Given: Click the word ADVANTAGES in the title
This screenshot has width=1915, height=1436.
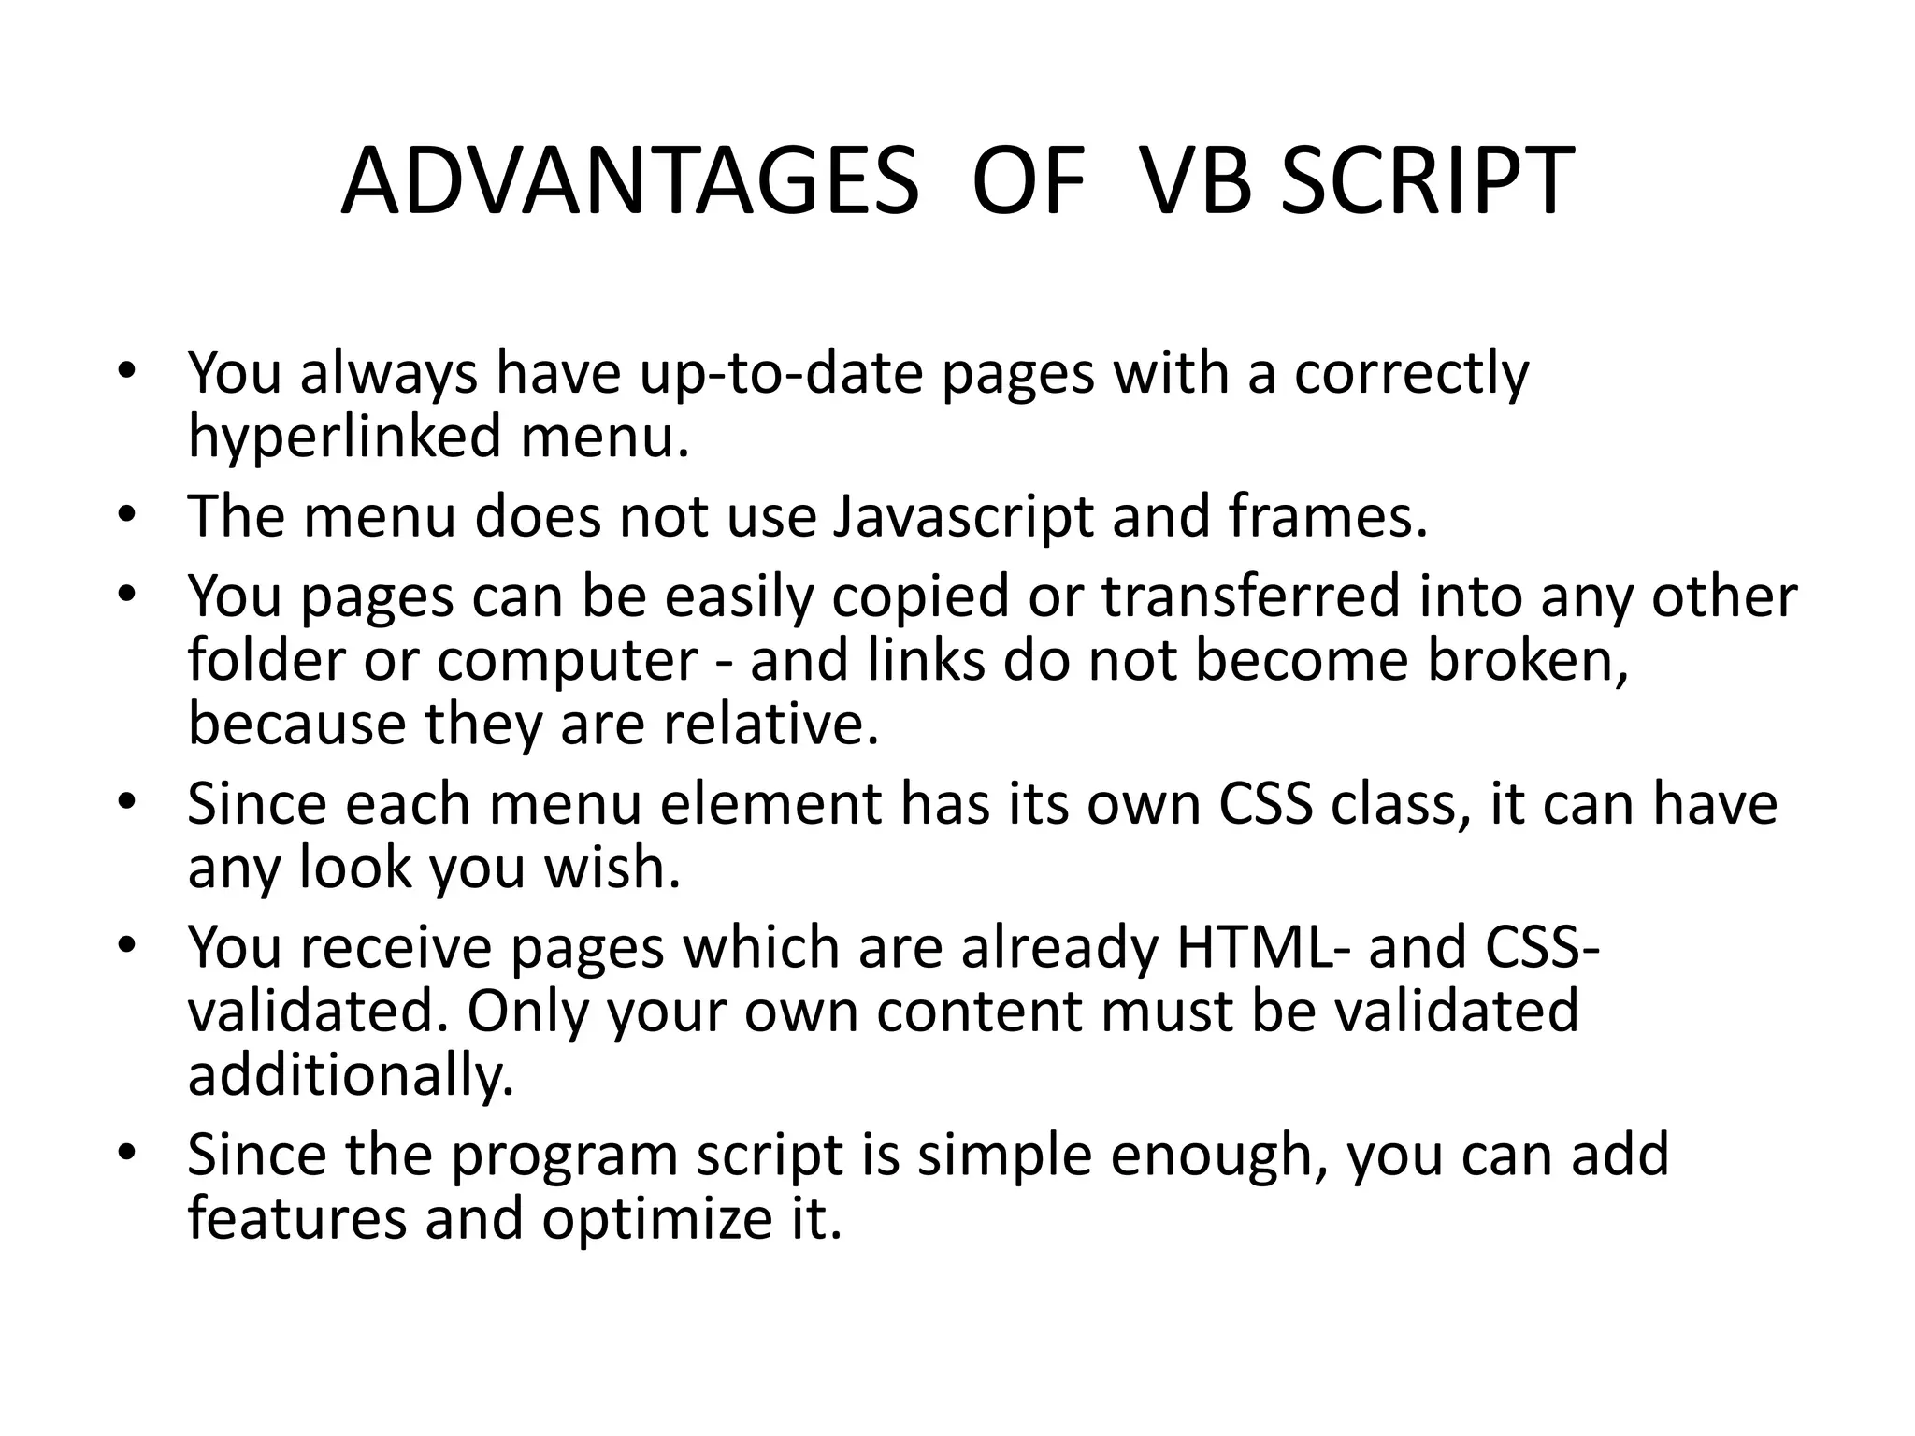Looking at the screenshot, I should coord(629,181).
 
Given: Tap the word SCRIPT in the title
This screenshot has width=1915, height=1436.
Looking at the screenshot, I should coord(1427,181).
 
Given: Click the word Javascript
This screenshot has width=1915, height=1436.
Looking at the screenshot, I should coord(962,517).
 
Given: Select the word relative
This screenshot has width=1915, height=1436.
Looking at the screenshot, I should coord(771,725).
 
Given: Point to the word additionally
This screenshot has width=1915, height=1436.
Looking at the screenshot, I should coord(351,1076).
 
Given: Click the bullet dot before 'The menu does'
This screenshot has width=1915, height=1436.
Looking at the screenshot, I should coord(128,515).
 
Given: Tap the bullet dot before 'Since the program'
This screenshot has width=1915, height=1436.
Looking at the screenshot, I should coord(128,1154).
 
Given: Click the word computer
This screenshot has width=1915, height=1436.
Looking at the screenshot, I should coord(568,662).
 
